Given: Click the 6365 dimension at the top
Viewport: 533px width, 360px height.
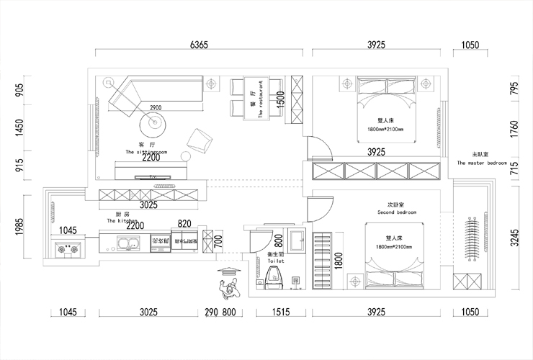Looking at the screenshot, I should pyautogui.click(x=199, y=45).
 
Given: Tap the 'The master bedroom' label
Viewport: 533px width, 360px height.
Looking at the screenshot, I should pyautogui.click(x=482, y=163).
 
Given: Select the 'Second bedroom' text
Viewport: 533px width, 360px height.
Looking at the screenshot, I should pyautogui.click(x=397, y=213).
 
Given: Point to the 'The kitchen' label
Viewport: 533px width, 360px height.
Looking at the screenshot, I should pyautogui.click(x=122, y=222).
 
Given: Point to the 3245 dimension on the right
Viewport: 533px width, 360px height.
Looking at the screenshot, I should pyautogui.click(x=514, y=238).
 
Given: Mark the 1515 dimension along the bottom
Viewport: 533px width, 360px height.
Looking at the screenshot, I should pyautogui.click(x=281, y=312).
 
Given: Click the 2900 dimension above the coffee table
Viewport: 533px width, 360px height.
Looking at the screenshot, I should pyautogui.click(x=156, y=108).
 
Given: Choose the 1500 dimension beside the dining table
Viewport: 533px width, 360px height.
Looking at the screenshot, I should pyautogui.click(x=280, y=97).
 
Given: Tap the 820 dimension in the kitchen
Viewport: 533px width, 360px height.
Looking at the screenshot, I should pyautogui.click(x=184, y=224).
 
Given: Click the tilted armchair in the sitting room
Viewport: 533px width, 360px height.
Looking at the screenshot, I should pyautogui.click(x=200, y=139).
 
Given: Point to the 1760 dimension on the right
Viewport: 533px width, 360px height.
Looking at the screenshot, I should pyautogui.click(x=514, y=130).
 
